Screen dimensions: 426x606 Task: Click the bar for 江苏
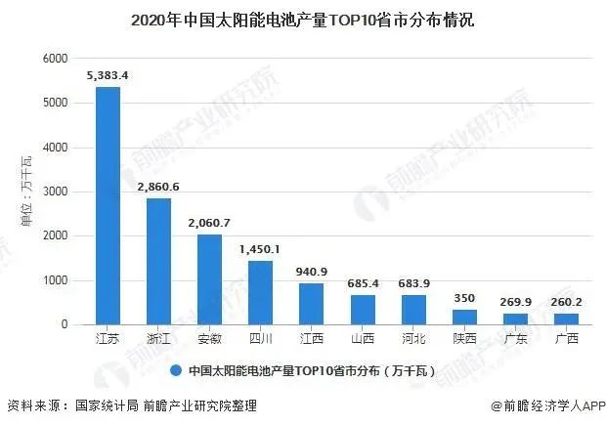[x=108, y=206]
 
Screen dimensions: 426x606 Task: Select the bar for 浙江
[x=158, y=262]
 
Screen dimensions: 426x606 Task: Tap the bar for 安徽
[x=209, y=279]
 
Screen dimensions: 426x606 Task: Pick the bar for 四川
[x=260, y=293]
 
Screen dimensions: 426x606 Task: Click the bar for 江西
[x=311, y=304]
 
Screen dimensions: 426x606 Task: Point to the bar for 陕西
[x=462, y=318]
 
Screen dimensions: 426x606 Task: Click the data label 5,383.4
[x=108, y=73]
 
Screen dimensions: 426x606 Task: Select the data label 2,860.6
[x=158, y=185]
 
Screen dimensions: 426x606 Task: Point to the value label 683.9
[x=412, y=283]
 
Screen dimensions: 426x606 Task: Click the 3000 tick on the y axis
[x=54, y=192]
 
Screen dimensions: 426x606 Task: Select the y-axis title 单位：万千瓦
[x=26, y=192]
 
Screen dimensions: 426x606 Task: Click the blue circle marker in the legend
[x=175, y=371]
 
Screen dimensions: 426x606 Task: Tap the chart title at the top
[x=302, y=20]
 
